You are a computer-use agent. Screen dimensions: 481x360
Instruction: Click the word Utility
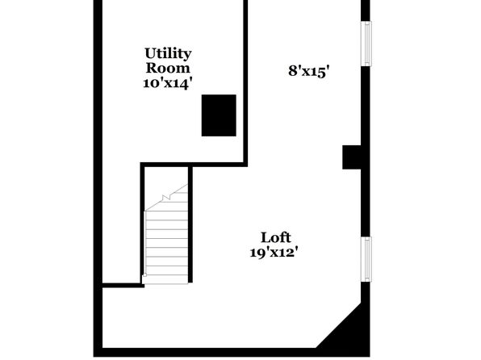click(168, 54)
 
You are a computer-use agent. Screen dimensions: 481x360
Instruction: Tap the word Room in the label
click(168, 68)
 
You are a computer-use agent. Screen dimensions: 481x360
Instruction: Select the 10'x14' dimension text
click(168, 83)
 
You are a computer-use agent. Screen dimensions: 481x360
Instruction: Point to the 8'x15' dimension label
click(309, 71)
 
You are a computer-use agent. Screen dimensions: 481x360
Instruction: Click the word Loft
click(276, 238)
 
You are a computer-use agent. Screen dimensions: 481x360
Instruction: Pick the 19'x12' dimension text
click(274, 253)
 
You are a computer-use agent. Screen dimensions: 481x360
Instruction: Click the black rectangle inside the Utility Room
click(219, 115)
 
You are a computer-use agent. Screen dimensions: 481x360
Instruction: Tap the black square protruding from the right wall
click(352, 157)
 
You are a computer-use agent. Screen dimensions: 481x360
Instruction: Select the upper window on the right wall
click(366, 44)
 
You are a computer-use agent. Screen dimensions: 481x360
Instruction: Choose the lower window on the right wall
click(366, 259)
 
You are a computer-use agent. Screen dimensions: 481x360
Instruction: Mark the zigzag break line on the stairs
click(166, 197)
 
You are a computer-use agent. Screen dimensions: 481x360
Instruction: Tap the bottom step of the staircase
click(166, 279)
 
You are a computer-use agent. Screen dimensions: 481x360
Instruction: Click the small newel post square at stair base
click(144, 275)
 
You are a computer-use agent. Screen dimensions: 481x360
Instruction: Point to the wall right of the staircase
click(190, 224)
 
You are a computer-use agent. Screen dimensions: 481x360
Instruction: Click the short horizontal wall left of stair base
click(123, 286)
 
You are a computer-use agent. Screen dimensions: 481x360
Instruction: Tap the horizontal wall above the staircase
click(194, 165)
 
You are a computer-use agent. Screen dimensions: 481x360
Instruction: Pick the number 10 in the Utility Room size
click(150, 83)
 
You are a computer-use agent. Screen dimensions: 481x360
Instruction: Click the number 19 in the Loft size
click(257, 253)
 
